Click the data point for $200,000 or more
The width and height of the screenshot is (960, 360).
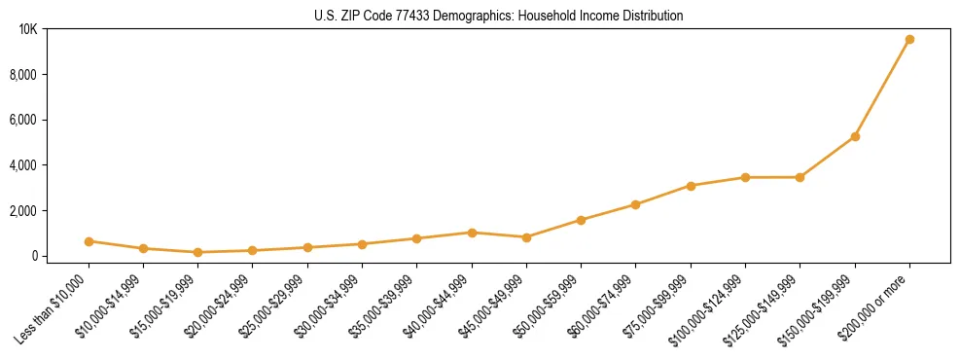coord(909,40)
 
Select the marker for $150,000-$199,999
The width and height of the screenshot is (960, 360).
coord(855,136)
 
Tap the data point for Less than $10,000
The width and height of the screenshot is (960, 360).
coord(89,241)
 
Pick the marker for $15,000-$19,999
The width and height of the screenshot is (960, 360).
coord(198,252)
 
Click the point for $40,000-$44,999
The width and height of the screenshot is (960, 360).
coord(472,233)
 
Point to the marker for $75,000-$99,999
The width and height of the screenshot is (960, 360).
coord(691,186)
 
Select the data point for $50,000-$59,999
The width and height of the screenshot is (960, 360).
coord(581,220)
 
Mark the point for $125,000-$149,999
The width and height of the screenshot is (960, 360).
coord(800,177)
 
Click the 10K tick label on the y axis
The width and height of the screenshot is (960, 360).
coord(28,29)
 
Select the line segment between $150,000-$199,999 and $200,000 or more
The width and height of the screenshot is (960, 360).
coord(882,89)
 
